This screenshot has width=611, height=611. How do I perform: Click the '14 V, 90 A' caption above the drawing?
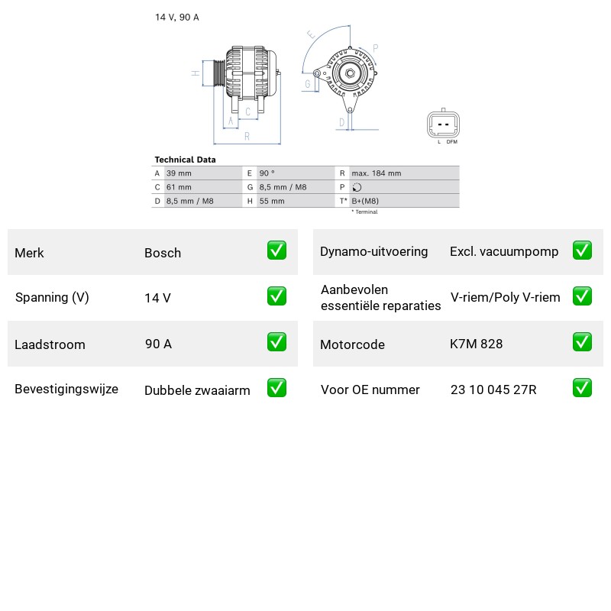coord(177,17)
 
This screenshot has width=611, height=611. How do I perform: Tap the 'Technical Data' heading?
coord(185,160)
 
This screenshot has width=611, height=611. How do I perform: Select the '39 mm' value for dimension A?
coord(179,173)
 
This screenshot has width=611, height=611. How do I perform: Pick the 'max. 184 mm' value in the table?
coord(377,173)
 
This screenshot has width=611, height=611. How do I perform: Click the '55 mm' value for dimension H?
coord(272,201)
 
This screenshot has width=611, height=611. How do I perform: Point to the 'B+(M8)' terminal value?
coord(365,201)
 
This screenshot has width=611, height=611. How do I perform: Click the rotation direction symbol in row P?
coord(357,187)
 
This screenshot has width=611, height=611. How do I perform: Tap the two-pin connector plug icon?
coord(443,124)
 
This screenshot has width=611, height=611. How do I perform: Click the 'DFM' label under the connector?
coord(452,142)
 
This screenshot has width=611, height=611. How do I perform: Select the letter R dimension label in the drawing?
coord(247,136)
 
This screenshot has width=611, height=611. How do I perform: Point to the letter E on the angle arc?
coord(312,34)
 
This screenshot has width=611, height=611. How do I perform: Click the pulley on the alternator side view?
coord(219,73)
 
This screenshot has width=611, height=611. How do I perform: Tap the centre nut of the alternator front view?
coord(350,73)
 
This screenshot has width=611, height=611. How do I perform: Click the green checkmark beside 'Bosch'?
coord(276,251)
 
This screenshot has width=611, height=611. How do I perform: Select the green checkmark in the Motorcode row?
coord(582,341)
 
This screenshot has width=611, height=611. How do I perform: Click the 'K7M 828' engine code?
coord(476,344)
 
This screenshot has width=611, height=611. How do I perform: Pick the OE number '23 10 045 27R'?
coord(493,390)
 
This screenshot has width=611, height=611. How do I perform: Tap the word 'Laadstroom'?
coord(50,344)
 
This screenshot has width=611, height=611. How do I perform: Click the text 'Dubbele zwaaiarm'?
coord(197,390)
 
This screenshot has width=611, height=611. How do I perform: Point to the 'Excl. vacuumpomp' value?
coord(504,251)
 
